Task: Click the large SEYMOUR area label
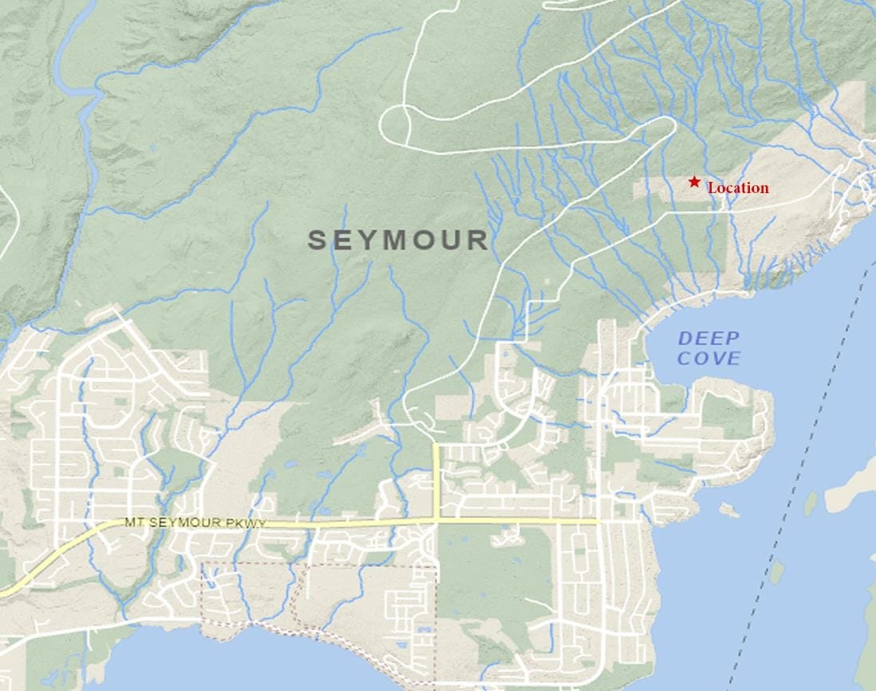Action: coord(398,240)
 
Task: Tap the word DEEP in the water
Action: coord(709,339)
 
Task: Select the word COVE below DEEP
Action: coord(709,358)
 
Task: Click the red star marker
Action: coord(694,182)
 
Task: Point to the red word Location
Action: coord(738,188)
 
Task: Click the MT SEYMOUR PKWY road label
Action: coord(195,523)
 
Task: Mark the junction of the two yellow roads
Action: coord(436,521)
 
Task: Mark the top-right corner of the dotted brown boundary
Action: coord(436,567)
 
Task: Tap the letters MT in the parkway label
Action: coord(133,523)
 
